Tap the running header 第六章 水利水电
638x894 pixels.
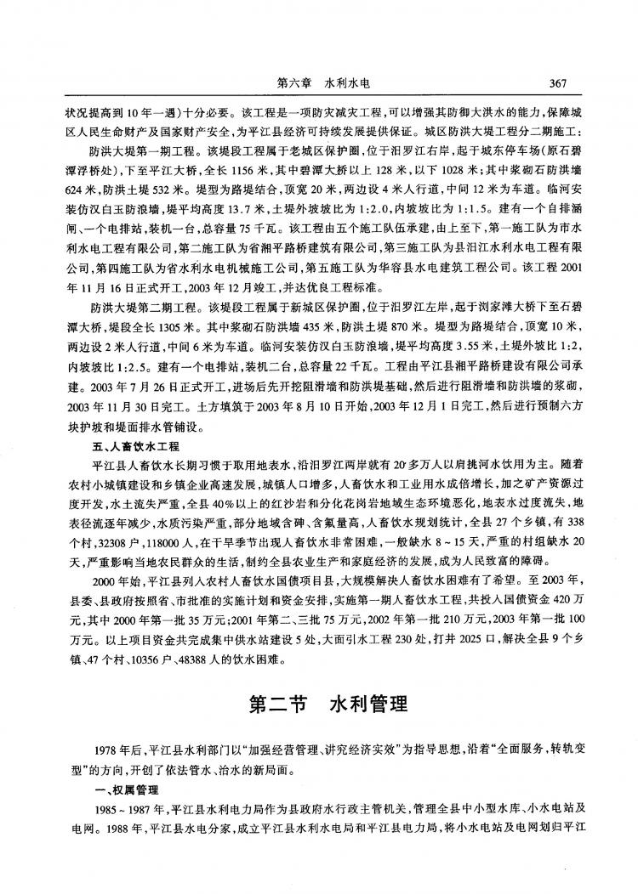click(322, 83)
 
